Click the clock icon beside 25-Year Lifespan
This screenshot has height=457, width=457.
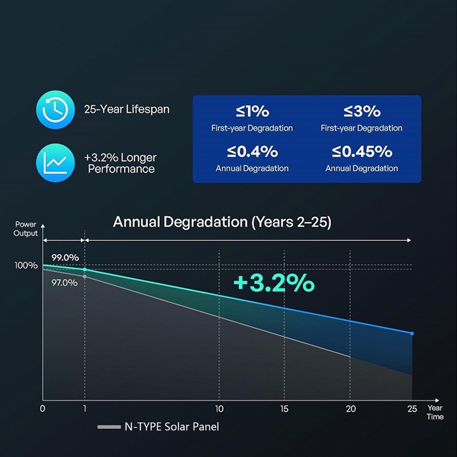pyautogui.click(x=55, y=110)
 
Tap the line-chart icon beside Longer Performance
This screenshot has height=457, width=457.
pyautogui.click(x=55, y=163)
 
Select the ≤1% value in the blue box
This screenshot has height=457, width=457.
pyautogui.click(x=252, y=111)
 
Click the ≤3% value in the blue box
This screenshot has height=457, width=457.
pyautogui.click(x=361, y=111)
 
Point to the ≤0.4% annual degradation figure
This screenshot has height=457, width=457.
pyautogui.click(x=252, y=151)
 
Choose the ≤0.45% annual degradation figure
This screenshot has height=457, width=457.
pyautogui.click(x=361, y=151)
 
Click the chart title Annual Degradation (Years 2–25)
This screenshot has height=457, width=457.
pyautogui.click(x=222, y=222)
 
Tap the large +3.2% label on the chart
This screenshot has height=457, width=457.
pyautogui.click(x=274, y=283)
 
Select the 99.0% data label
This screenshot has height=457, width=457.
pyautogui.click(x=64, y=257)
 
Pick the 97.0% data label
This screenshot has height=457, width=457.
pyautogui.click(x=64, y=283)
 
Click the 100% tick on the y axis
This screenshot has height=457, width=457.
pyautogui.click(x=26, y=266)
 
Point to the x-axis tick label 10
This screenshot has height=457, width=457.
pyautogui.click(x=219, y=409)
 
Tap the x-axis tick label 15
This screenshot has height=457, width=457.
pyautogui.click(x=284, y=409)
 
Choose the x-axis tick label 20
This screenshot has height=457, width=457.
pyautogui.click(x=351, y=409)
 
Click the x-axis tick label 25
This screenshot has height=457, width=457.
pyautogui.click(x=412, y=409)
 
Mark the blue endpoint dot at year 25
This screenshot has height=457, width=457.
pyautogui.click(x=412, y=334)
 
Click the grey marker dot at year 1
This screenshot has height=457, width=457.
pyautogui.click(x=85, y=276)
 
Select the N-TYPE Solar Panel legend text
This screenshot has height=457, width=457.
pyautogui.click(x=172, y=427)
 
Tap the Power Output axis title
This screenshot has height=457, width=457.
pyautogui.click(x=26, y=229)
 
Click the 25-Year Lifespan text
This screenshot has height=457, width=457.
pyautogui.click(x=127, y=110)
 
